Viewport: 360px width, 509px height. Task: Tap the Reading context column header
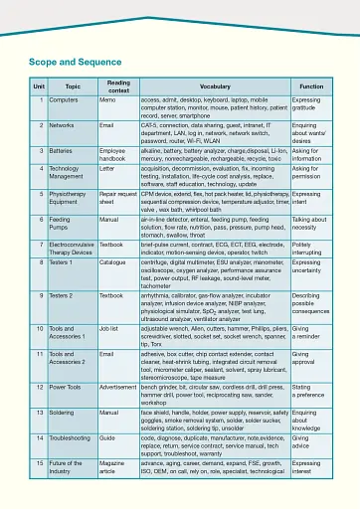[118, 87]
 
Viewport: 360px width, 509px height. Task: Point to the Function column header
[311, 87]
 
